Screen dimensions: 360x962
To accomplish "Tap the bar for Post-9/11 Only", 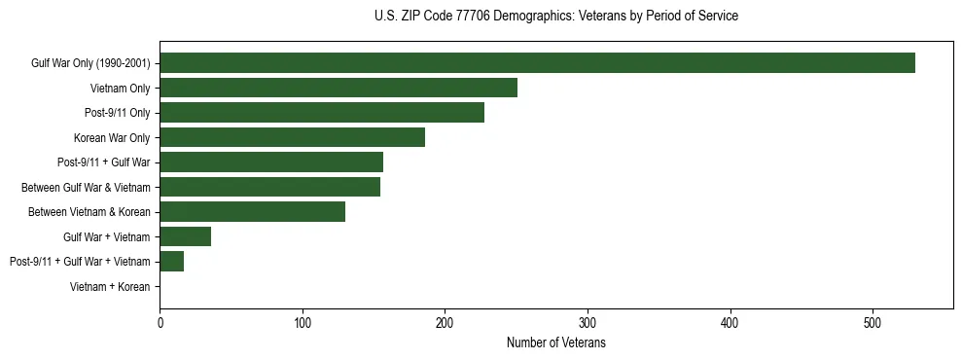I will (x=322, y=113).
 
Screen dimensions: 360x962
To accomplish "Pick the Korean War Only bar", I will (x=292, y=137).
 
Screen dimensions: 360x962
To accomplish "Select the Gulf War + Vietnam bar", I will (x=185, y=236).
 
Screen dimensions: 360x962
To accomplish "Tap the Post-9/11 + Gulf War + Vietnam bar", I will (x=171, y=262).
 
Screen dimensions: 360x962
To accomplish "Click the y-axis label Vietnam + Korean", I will (x=110, y=287).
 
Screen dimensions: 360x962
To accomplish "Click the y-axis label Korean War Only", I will (x=112, y=138).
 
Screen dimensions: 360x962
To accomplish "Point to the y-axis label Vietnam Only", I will (x=120, y=89).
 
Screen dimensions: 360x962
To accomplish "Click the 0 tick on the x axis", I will (x=160, y=323).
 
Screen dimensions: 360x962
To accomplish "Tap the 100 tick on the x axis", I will (x=303, y=323).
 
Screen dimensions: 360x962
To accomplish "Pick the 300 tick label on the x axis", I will (x=588, y=323).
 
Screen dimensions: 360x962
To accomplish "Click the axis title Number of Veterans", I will (x=555, y=343).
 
